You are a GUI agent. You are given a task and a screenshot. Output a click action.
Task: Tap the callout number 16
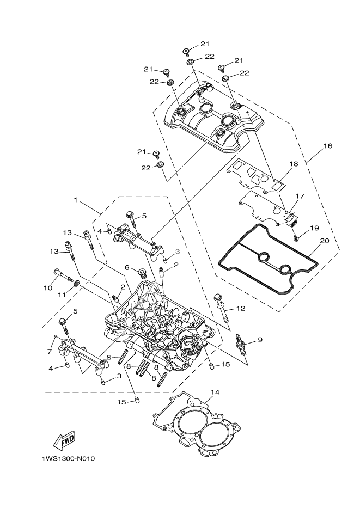(327, 146)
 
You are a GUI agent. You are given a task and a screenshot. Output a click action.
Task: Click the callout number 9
(260, 340)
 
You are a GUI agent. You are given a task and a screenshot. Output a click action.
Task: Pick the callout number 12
(241, 308)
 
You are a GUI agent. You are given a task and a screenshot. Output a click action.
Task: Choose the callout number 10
(48, 287)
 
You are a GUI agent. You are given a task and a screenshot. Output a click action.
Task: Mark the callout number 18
(294, 164)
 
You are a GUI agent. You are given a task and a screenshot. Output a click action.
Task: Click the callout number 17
(300, 195)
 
